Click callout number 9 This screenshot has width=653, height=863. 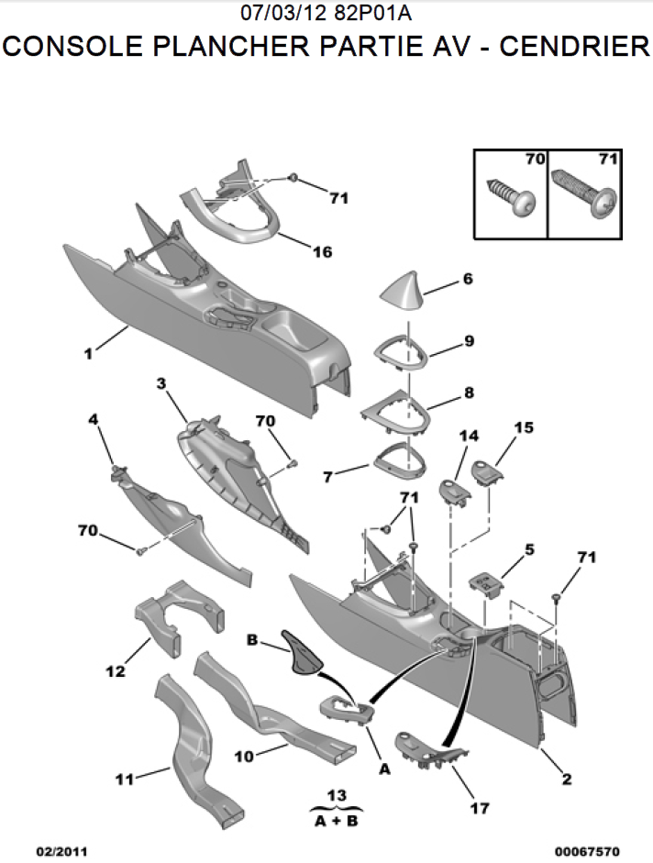pos(469,340)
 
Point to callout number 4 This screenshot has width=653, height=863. pos(94,419)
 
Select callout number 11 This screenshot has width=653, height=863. pos(124,780)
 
